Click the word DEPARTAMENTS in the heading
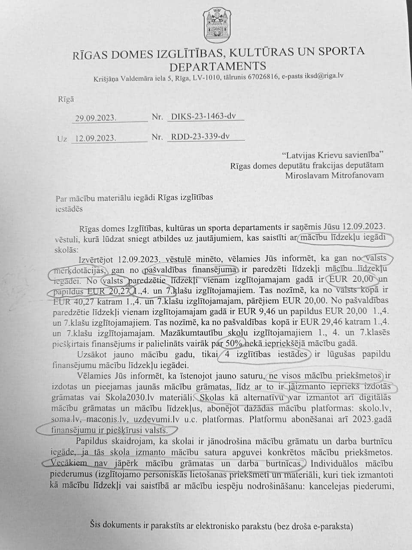(218, 66)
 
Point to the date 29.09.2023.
(95, 118)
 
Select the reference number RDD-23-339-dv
(200, 137)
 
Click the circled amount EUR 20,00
(354, 280)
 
